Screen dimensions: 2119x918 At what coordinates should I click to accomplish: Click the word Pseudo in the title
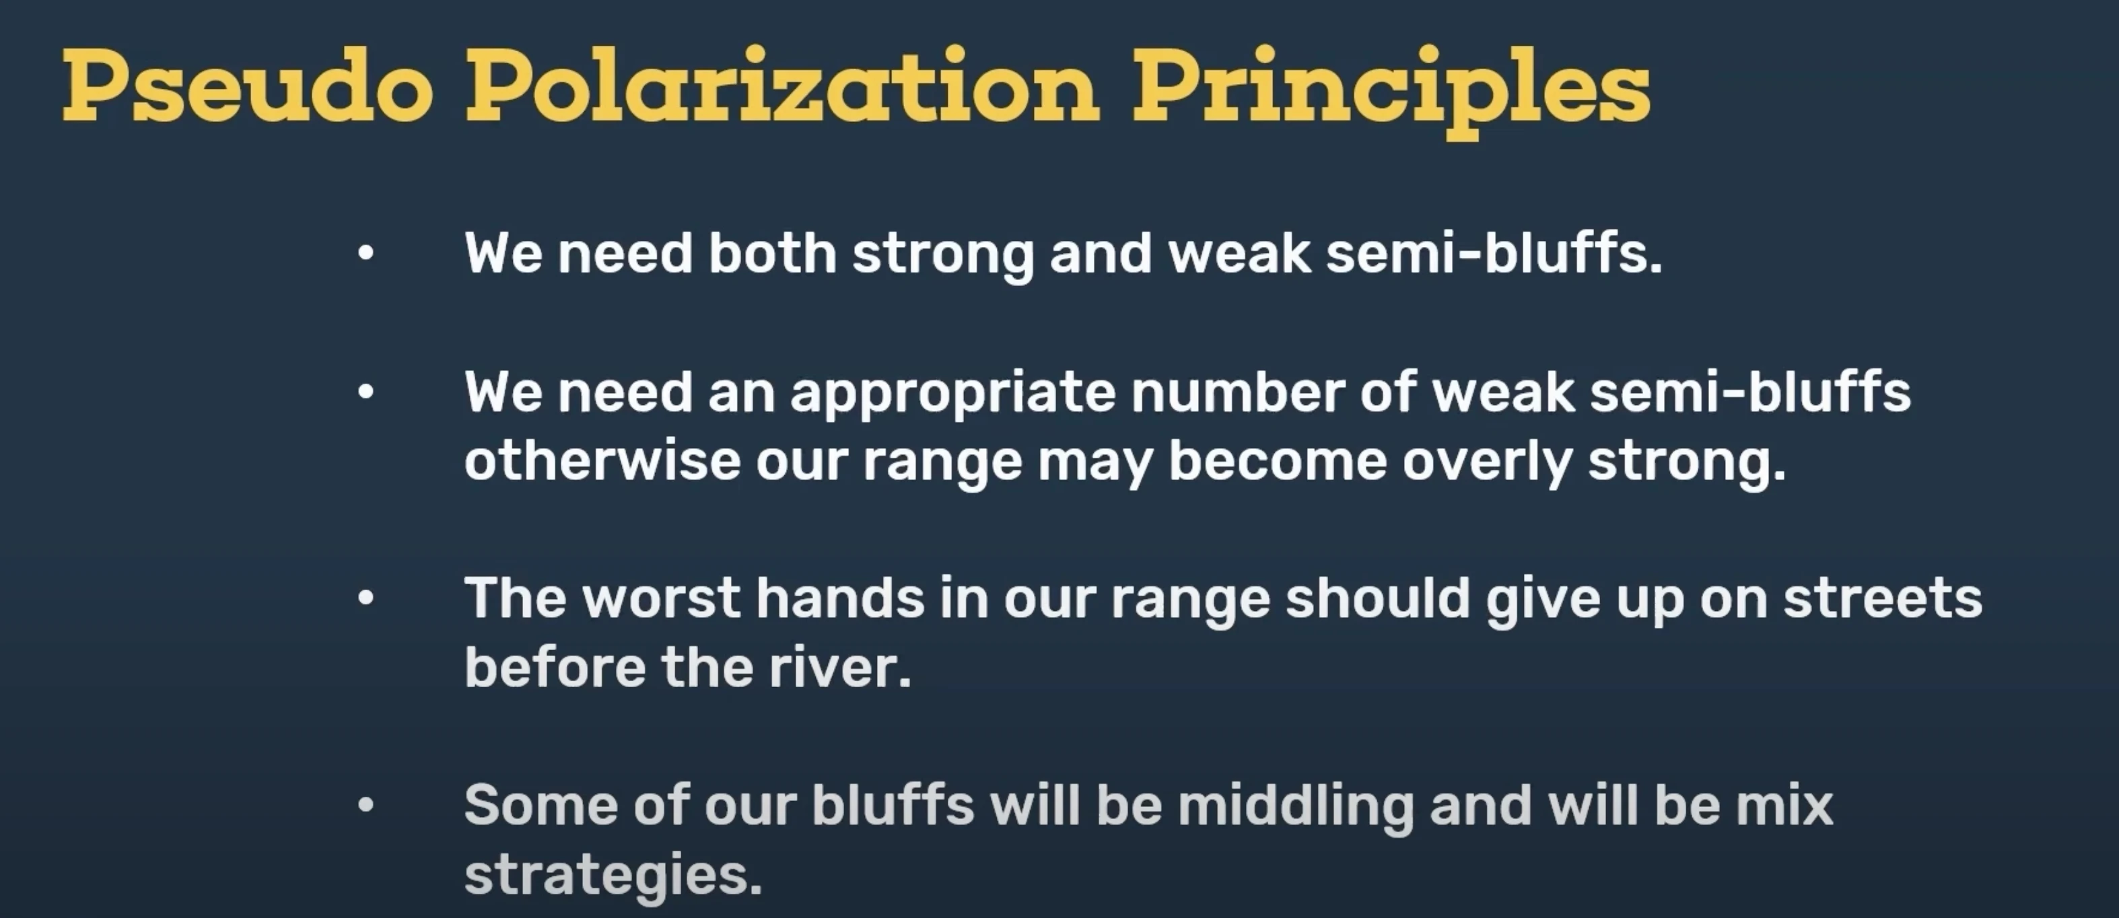(x=248, y=86)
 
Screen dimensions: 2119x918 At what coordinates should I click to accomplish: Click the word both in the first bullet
(x=771, y=252)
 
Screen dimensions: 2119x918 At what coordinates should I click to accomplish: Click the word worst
(x=660, y=598)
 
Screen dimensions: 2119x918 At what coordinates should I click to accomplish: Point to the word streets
(x=1882, y=598)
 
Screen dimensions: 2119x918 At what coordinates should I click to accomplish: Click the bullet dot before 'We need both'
(x=366, y=253)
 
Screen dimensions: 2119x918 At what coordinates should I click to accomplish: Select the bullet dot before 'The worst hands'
(x=366, y=598)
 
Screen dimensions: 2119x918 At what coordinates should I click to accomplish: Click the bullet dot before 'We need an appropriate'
(x=366, y=392)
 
